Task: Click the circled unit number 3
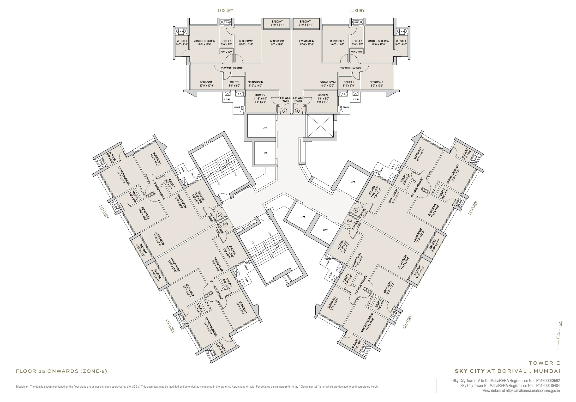[x=284, y=111]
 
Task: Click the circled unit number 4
[x=297, y=111]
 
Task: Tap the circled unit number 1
[x=225, y=224]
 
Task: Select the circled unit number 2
[x=220, y=215]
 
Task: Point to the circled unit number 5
[x=356, y=210]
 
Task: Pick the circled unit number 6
[x=349, y=221]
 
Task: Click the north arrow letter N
[x=560, y=324]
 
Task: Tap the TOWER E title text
[x=544, y=363]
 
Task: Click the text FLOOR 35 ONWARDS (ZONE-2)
[x=61, y=371]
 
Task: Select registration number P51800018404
[x=548, y=386]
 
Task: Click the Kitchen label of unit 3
[x=260, y=95]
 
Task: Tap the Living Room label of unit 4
[x=306, y=41]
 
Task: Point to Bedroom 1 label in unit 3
[x=207, y=82]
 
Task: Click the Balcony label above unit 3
[x=277, y=22]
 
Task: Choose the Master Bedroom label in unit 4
[x=378, y=41]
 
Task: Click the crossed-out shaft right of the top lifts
[x=320, y=126]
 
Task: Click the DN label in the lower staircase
[x=270, y=233]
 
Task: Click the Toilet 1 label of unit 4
[x=348, y=82]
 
